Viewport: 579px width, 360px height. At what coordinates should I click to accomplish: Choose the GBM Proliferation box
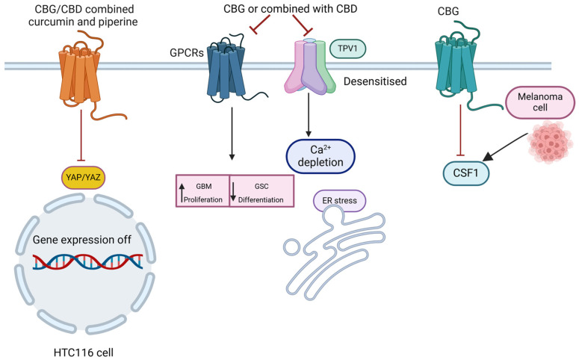(202, 191)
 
